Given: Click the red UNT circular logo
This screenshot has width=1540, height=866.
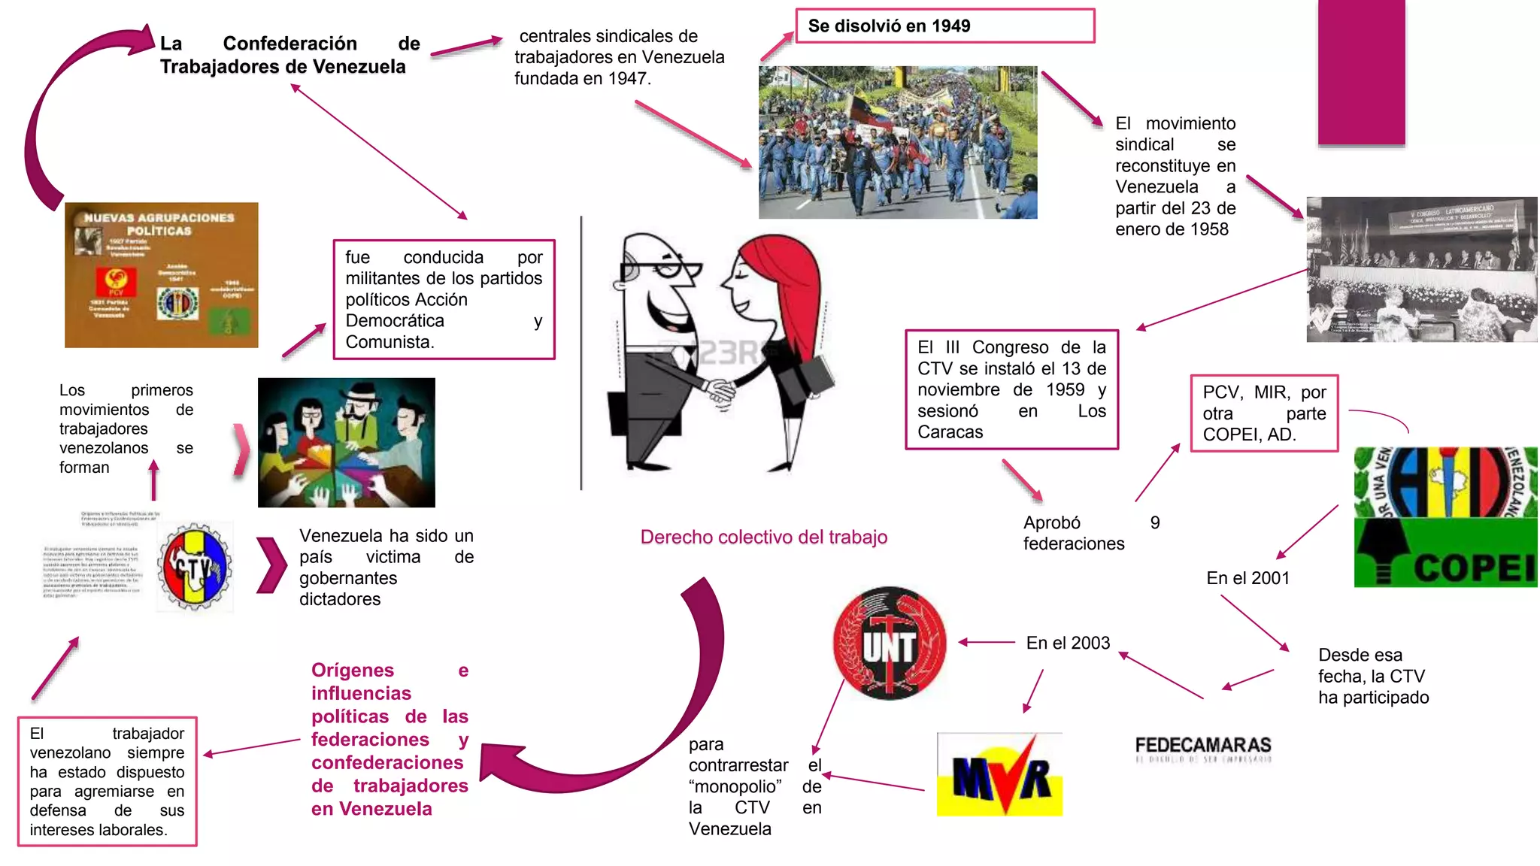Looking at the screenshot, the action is point(890,643).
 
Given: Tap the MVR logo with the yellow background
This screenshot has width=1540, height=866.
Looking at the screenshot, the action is point(999,774).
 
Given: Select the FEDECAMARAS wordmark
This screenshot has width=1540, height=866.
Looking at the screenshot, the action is point(1202,746).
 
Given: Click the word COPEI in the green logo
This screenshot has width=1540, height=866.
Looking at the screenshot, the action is point(1474,568).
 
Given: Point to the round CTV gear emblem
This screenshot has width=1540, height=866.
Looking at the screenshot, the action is point(195,567).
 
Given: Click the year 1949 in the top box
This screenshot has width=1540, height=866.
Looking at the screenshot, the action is point(950,26).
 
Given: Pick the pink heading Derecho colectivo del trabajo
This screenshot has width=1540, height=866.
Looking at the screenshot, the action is point(763,537).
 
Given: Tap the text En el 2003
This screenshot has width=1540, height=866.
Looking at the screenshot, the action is point(1068,643).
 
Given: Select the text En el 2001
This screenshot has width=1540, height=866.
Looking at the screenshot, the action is point(1247,578).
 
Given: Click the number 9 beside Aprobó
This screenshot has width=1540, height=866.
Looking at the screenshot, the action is point(1155,522).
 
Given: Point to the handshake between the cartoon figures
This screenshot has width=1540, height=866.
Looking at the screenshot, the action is point(722,390).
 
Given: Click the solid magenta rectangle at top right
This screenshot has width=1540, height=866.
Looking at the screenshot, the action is point(1361,71).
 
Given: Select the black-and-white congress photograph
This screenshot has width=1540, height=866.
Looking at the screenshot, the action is point(1421,269).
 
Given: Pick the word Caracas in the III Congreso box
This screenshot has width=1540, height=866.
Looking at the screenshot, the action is point(950,432).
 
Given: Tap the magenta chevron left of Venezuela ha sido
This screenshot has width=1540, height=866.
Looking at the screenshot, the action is point(271,565).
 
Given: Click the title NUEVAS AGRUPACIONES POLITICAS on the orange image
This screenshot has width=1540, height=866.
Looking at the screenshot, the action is point(159,224).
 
